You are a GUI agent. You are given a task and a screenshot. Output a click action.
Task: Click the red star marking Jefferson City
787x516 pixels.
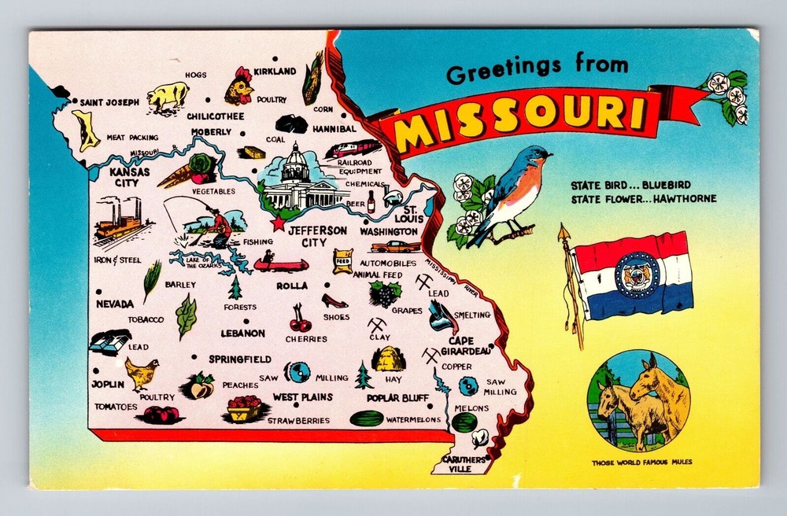pyautogui.click(x=277, y=224)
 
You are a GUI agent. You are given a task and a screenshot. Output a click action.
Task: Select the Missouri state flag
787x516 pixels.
pyautogui.click(x=633, y=275)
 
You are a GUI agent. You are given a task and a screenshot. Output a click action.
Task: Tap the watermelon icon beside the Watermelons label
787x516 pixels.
pyautogui.click(x=366, y=418)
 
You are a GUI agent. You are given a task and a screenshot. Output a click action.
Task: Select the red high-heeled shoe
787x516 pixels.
pyautogui.click(x=334, y=300)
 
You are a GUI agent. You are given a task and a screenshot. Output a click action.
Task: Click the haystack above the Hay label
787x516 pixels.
pyautogui.click(x=388, y=359)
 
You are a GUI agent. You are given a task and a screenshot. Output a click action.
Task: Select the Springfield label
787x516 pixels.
pyautogui.click(x=240, y=359)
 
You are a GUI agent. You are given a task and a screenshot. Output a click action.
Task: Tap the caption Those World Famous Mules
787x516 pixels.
pyautogui.click(x=642, y=463)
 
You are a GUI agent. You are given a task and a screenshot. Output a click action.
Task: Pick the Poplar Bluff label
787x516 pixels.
pyautogui.click(x=397, y=398)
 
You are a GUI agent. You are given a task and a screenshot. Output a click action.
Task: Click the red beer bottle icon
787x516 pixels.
pyautogui.click(x=371, y=201)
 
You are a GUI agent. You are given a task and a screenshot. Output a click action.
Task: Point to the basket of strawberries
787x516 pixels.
pyautogui.click(x=245, y=408)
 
